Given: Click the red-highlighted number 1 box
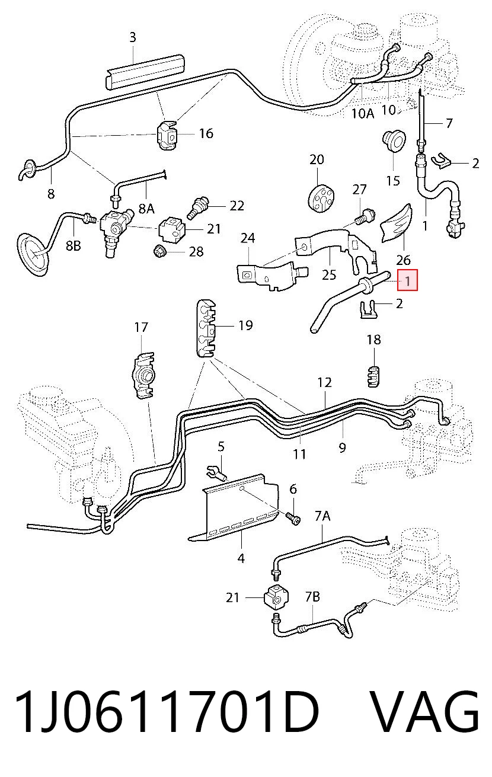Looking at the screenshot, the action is (407, 280).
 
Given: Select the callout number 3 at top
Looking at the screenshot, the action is (133, 37).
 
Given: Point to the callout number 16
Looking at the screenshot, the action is (206, 133).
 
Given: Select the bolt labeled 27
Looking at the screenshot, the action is (365, 216).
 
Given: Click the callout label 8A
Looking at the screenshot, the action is (146, 208).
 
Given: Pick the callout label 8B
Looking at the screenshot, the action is (74, 245).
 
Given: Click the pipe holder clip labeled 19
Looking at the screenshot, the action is (206, 328).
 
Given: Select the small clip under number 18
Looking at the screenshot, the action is (373, 376).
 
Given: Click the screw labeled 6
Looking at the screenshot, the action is (294, 519).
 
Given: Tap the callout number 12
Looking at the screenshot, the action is (324, 382).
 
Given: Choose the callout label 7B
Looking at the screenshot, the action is (312, 596).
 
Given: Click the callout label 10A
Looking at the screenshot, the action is (362, 113).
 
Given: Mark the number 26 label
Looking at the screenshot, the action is (403, 260).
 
